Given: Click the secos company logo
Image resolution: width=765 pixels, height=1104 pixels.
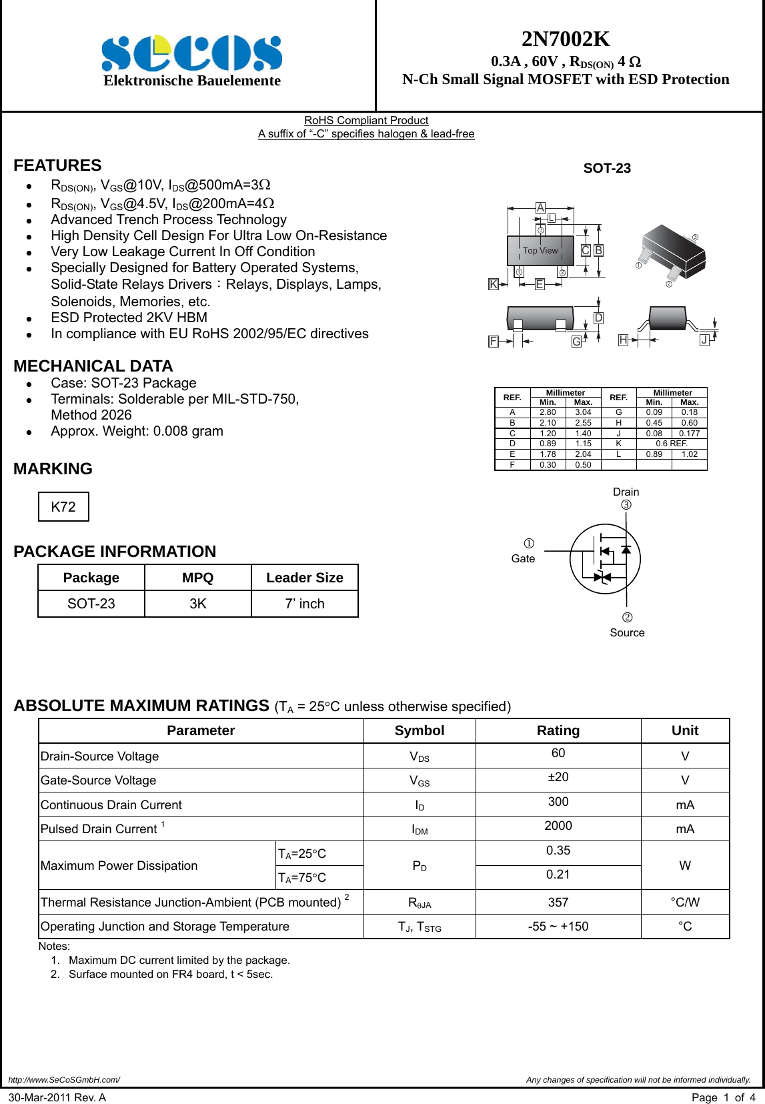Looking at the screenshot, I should (x=192, y=53).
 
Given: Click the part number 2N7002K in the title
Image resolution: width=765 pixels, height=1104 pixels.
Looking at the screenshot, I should (x=566, y=39).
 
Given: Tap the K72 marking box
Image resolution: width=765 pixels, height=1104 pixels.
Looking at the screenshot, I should (x=63, y=507).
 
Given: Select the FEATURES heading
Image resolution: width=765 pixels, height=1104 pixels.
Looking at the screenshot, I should (x=57, y=165).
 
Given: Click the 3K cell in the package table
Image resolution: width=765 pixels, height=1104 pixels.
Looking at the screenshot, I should (x=198, y=604).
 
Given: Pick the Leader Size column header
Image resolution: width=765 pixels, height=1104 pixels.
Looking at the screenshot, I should (x=305, y=578).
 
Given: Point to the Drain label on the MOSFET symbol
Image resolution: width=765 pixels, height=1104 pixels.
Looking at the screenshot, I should (x=626, y=492).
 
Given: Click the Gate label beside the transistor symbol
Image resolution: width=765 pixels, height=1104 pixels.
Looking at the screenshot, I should (x=523, y=559).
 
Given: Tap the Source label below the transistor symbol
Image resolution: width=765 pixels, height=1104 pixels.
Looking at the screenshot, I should (x=627, y=632).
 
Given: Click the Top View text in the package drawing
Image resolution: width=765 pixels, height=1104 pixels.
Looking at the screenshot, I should (x=540, y=251).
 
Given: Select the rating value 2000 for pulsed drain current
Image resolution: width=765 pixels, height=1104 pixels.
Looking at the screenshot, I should (x=558, y=826).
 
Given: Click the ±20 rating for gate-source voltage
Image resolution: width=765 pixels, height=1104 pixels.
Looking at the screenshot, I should (x=558, y=777).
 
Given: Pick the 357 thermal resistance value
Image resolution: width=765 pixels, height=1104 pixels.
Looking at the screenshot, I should (x=558, y=903).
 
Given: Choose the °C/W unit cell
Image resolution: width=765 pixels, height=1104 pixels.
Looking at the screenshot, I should (x=685, y=903).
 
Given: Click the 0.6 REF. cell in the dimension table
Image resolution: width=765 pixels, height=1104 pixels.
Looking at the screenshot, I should (x=672, y=444).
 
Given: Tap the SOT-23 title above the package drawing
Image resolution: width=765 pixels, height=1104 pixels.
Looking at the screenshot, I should (x=607, y=168).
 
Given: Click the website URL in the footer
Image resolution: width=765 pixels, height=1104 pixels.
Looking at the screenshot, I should (x=64, y=1079).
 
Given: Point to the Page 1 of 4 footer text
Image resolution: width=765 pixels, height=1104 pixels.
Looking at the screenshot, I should (x=724, y=1097).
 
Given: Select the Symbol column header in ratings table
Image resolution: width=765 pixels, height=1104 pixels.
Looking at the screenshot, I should (x=420, y=730).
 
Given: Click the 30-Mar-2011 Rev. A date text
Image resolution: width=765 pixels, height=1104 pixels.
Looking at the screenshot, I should (x=57, y=1097).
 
